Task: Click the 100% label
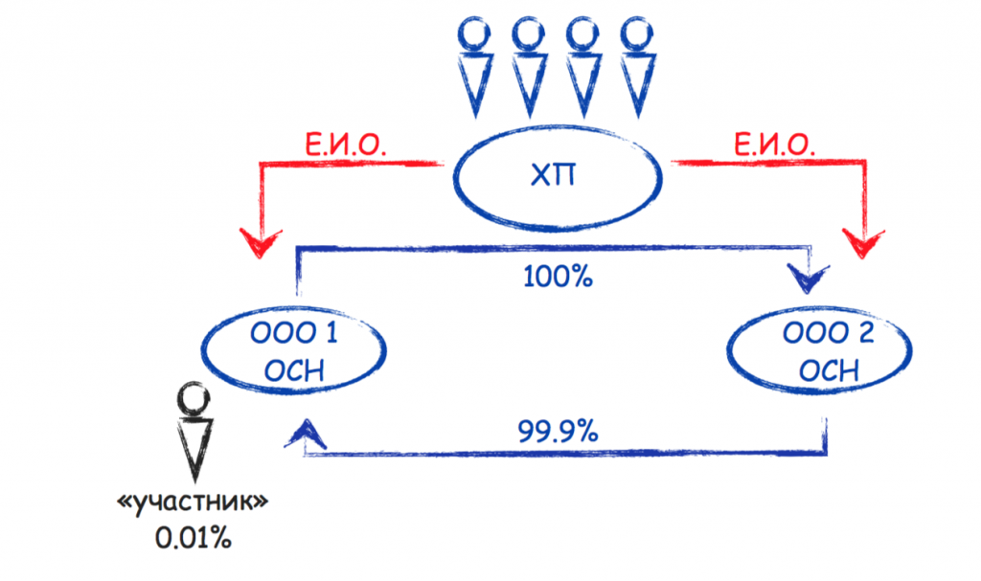tap(559, 277)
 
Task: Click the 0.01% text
tap(194, 537)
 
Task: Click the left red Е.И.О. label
tap(334, 145)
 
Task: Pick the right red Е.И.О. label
tap(775, 145)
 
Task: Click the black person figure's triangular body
tap(194, 448)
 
